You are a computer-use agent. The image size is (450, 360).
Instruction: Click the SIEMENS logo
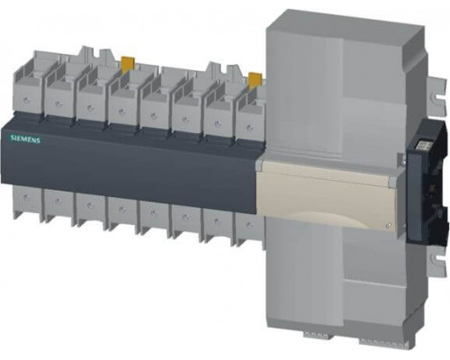click(x=25, y=139)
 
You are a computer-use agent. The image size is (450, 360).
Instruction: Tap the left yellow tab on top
click(x=128, y=64)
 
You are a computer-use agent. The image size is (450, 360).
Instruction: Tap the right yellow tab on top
click(x=255, y=79)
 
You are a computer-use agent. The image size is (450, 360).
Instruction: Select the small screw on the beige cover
click(x=388, y=225)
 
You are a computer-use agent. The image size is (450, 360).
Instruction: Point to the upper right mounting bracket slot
click(x=436, y=95)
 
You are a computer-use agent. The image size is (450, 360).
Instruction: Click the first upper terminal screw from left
click(x=26, y=100)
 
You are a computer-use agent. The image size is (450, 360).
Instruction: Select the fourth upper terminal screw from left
click(x=121, y=112)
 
